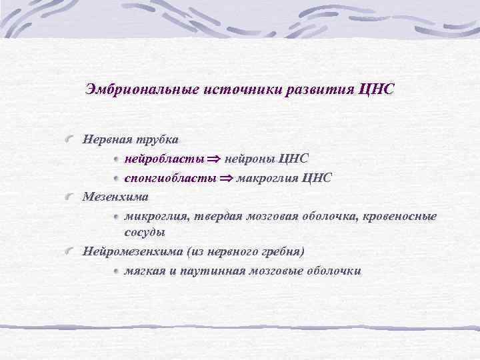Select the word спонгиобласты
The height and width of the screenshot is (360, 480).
tap(169, 178)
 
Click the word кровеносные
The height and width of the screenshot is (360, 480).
tap(399, 216)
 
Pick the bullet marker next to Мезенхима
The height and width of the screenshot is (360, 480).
tap(70, 197)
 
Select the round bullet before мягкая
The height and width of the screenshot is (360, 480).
tap(116, 271)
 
